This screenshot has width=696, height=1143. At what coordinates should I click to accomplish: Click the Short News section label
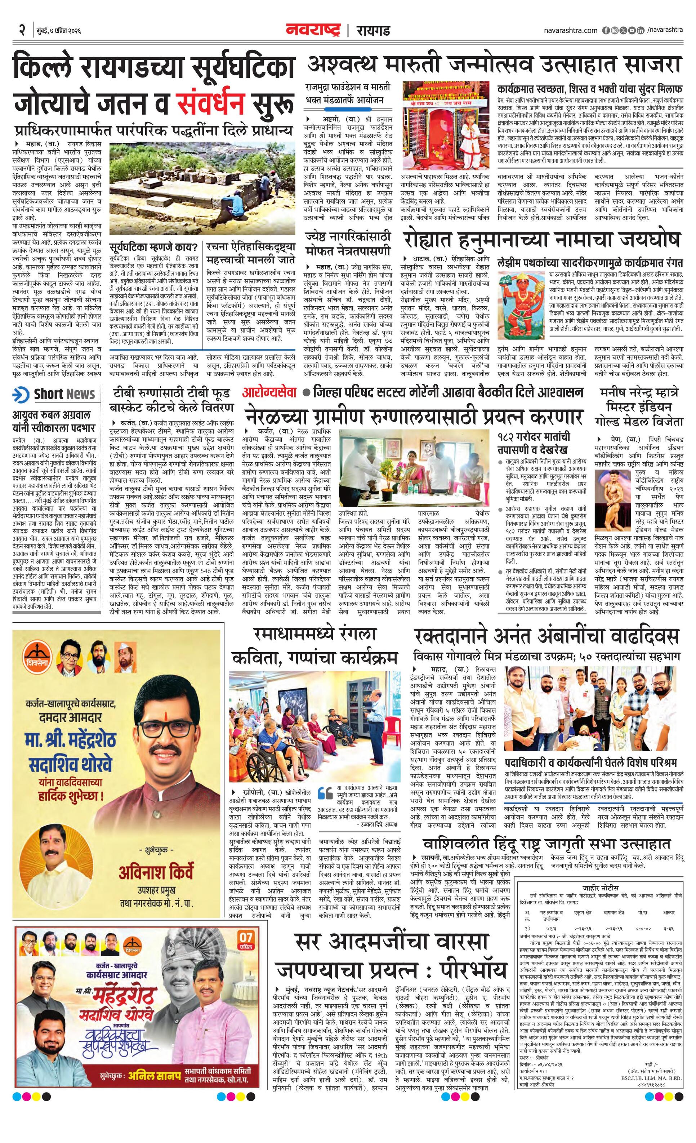[x=64, y=394]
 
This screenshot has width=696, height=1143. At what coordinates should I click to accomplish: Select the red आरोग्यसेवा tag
[x=269, y=392]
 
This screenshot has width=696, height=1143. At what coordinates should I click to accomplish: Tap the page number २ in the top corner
[x=22, y=31]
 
